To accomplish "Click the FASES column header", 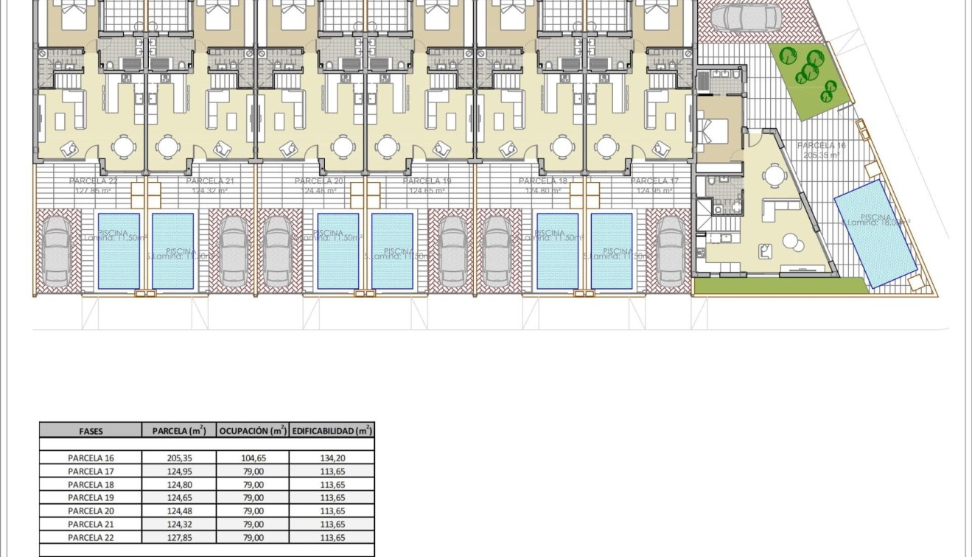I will tap(90, 431).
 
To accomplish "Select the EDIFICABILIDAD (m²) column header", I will tap(332, 431).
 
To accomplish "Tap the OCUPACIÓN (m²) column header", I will tap(252, 431).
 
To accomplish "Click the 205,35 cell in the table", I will tap(178, 458).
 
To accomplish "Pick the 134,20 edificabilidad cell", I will tap(332, 458).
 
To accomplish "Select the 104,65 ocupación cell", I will tap(252, 458).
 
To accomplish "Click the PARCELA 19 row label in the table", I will tap(91, 497).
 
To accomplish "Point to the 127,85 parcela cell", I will tap(178, 537).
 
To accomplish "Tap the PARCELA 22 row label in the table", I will tap(91, 537).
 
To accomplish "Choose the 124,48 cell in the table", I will tap(178, 511).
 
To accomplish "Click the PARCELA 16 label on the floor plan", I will tap(822, 146).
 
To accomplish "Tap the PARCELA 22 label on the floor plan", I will tap(93, 181).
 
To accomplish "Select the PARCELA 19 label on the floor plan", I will tap(427, 181).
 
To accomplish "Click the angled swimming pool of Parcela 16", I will tap(875, 231).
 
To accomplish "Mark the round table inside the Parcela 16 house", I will tap(774, 176).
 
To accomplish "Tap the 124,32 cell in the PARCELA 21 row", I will tap(178, 524).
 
